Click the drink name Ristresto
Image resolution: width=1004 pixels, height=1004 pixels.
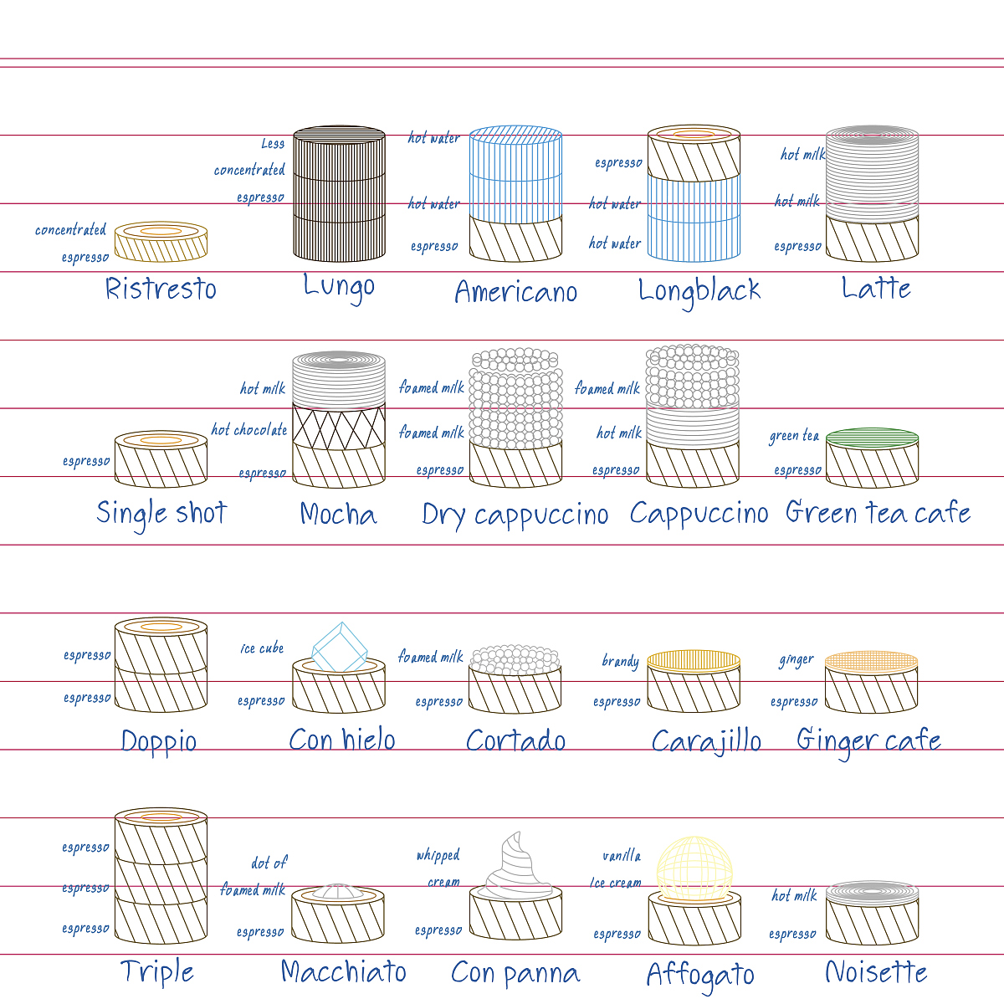coord(161,289)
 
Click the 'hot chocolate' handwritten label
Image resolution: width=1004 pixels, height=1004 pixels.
coord(249,430)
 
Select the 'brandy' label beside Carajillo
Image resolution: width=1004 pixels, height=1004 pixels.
coord(621,662)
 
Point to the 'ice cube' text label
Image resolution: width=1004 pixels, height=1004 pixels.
coord(262,648)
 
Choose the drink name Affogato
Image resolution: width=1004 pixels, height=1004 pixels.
coord(700,975)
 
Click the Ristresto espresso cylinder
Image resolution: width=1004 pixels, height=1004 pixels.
coord(161,241)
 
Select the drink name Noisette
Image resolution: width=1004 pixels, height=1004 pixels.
coord(876,972)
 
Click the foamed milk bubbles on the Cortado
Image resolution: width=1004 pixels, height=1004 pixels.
coord(515,659)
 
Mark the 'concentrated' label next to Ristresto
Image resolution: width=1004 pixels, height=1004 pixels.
coord(71,230)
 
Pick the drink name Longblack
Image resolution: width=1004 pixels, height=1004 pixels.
coord(699,291)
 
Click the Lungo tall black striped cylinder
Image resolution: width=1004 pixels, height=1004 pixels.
coord(339,194)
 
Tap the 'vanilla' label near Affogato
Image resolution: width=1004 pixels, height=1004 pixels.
coord(622,856)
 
